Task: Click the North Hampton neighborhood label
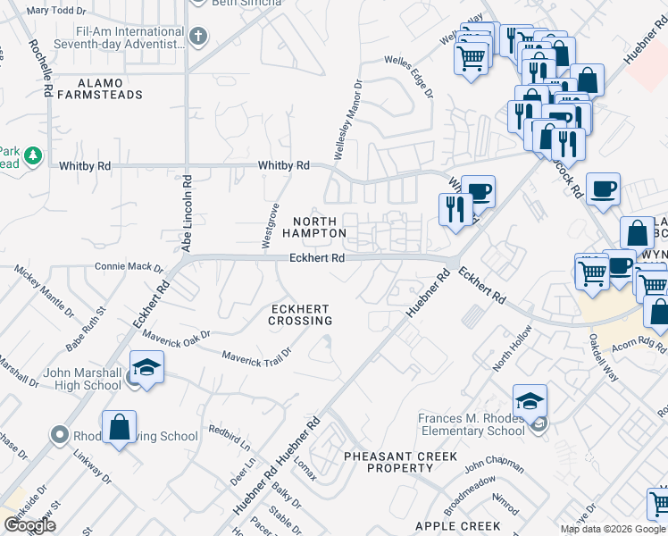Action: point(314,227)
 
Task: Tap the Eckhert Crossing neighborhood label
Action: point(302,314)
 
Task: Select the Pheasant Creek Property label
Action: point(401,462)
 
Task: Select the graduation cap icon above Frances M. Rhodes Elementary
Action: point(530,399)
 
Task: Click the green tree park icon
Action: point(33,156)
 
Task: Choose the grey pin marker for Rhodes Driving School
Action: point(60,436)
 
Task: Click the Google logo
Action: point(29,525)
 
